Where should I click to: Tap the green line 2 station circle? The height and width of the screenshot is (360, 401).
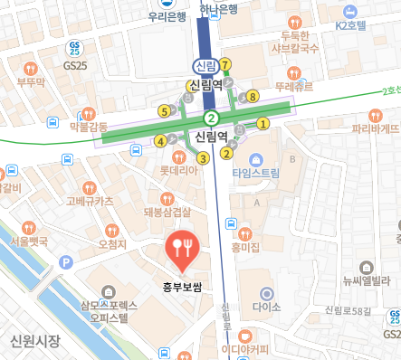211,118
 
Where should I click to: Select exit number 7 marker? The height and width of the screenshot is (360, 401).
225,64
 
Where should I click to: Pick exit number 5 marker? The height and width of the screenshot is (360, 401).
164,111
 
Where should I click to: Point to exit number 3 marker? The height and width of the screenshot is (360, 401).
203,158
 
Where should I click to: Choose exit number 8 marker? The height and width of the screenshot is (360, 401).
253,96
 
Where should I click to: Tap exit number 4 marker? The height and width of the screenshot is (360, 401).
160,140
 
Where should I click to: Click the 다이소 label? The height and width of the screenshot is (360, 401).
266,307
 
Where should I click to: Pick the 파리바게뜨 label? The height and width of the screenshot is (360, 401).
376,128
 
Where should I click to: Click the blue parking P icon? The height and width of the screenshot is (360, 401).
64,262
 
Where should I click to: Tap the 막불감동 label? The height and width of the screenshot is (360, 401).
88,127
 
